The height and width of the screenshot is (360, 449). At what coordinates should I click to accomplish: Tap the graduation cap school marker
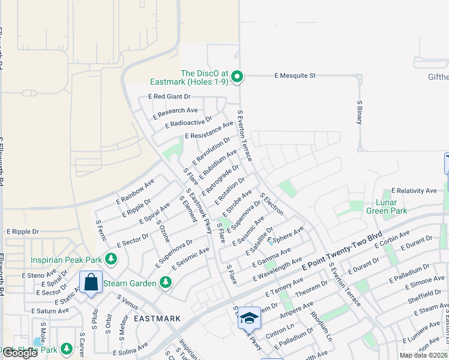(x=250, y=318)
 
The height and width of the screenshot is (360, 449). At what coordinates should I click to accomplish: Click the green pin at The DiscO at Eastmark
(x=237, y=76)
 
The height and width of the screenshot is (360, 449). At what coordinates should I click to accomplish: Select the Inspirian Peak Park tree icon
(x=110, y=259)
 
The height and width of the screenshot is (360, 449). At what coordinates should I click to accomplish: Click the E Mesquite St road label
(x=295, y=76)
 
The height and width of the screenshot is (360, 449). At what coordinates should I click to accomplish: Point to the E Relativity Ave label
(x=414, y=191)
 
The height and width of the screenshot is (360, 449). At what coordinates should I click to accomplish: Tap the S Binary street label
(x=360, y=111)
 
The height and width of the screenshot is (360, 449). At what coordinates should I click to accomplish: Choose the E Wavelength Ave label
(x=277, y=270)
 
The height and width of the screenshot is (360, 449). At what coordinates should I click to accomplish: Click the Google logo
(x=20, y=353)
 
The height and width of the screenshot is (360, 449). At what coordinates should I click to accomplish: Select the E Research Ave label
(x=175, y=111)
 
